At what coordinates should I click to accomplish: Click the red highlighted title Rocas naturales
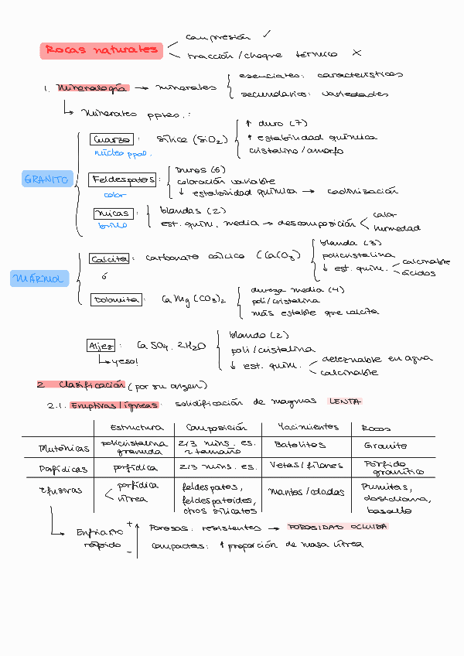101,51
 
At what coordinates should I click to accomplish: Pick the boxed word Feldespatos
122,179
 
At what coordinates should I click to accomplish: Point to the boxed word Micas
112,213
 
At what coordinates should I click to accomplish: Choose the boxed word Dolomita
116,299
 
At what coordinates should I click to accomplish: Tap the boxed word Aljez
101,346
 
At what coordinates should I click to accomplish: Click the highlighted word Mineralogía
92,88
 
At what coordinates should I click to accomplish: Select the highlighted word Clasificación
90,384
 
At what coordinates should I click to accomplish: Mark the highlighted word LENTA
345,401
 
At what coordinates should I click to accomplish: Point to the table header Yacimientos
307,427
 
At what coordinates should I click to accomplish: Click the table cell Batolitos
299,445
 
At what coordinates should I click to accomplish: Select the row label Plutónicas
60,447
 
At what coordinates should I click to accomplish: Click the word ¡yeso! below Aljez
124,361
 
